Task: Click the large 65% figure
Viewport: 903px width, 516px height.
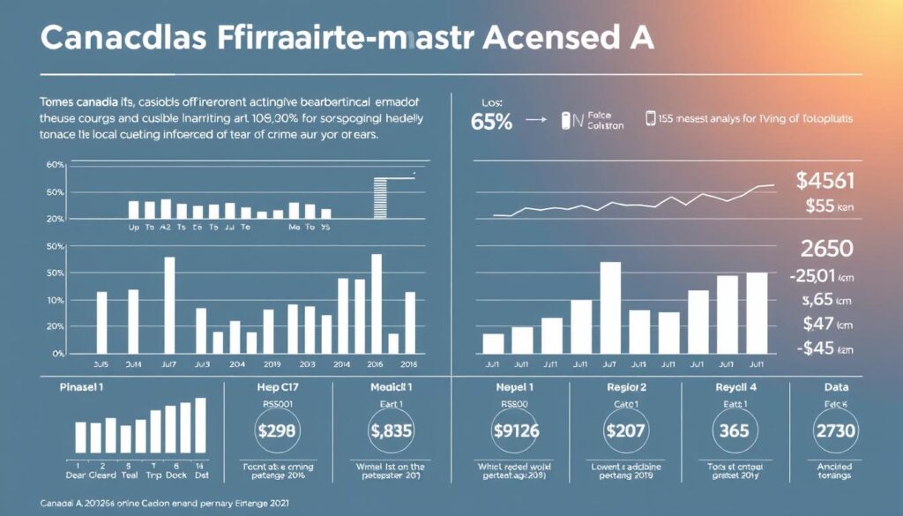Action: pyautogui.click(x=491, y=123)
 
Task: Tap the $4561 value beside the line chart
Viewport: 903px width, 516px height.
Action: pyautogui.click(x=825, y=181)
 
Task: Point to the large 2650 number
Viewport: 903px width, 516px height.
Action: pyautogui.click(x=825, y=249)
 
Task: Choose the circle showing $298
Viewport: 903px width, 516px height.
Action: pyautogui.click(x=278, y=431)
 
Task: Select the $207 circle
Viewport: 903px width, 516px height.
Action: pyautogui.click(x=625, y=431)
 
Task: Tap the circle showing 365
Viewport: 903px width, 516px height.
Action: pyautogui.click(x=735, y=431)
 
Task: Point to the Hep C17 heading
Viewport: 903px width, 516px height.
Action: pyautogui.click(x=277, y=386)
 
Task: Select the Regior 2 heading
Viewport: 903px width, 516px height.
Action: pyautogui.click(x=625, y=386)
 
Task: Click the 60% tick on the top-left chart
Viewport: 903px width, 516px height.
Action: pyautogui.click(x=29, y=166)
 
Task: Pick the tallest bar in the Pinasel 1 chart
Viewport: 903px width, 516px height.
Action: pyautogui.click(x=200, y=425)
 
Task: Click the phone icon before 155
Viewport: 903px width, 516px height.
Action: pyautogui.click(x=651, y=119)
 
